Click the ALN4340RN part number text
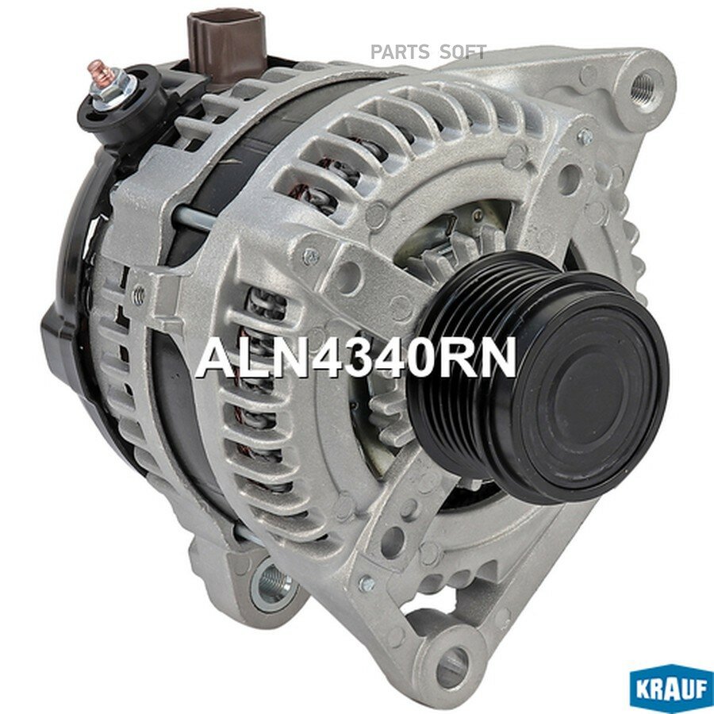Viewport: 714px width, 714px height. [x=355, y=359]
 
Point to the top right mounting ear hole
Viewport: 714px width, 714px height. [x=647, y=81]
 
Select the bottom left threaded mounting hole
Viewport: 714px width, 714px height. [x=274, y=585]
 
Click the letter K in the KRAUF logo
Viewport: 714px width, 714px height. [x=641, y=688]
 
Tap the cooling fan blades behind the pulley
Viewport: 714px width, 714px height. [x=389, y=413]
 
